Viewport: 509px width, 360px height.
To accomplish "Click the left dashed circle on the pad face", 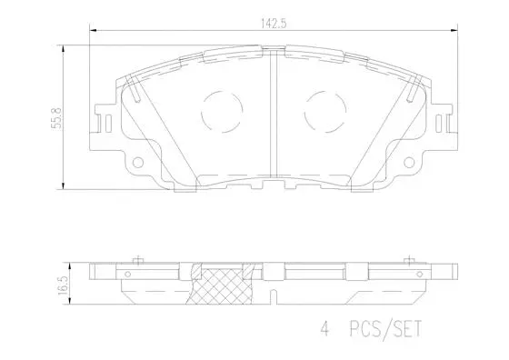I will [219, 112].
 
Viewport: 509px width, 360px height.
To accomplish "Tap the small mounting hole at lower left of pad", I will [138, 165].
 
